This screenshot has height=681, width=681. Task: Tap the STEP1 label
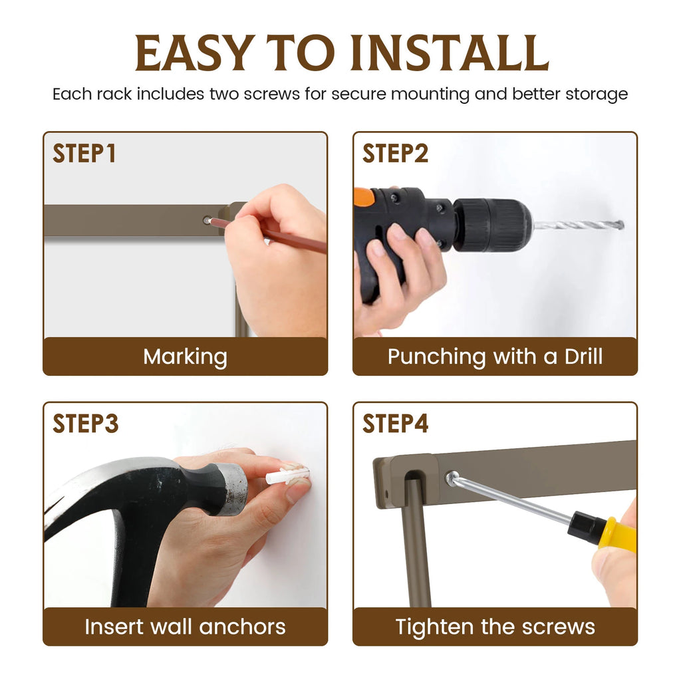tap(84, 154)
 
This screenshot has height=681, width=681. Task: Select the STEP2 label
tap(395, 154)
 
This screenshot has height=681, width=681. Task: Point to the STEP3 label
tap(86, 424)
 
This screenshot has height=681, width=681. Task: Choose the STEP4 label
tap(395, 424)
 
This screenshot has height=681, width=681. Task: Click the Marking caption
tap(186, 357)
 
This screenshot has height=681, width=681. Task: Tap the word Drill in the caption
tap(583, 356)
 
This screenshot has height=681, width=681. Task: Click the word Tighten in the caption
tap(435, 627)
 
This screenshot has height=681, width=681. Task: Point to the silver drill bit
tap(579, 225)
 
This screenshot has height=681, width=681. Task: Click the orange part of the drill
tap(364, 197)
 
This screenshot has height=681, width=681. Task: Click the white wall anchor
tap(287, 474)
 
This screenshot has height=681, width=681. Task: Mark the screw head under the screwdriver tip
tap(452, 478)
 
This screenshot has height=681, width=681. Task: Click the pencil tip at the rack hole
tap(209, 221)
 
